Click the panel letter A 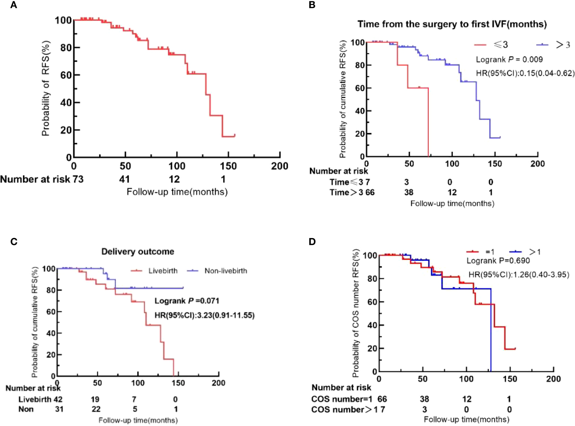click(x=13, y=5)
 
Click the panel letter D click(x=312, y=242)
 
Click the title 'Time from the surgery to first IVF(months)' click(x=452, y=24)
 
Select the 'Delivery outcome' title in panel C click(x=138, y=251)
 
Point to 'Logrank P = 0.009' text click(x=509, y=60)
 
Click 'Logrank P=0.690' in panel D click(x=498, y=261)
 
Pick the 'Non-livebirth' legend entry click(x=226, y=271)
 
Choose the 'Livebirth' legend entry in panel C click(x=163, y=271)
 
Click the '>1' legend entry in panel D click(x=534, y=252)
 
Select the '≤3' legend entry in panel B click(x=500, y=45)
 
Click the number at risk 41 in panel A click(x=124, y=179)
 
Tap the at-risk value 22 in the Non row click(x=96, y=409)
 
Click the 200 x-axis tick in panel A click(x=279, y=166)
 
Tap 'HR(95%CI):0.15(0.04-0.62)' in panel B click(x=525, y=73)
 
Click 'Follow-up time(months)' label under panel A click(x=177, y=192)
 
